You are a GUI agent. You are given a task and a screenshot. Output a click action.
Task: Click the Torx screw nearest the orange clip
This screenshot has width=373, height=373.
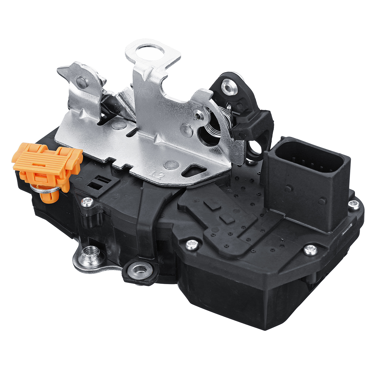(87, 203)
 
